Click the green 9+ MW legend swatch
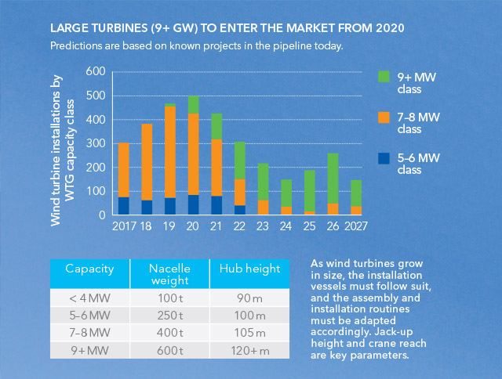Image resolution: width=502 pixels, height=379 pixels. coord(384,77)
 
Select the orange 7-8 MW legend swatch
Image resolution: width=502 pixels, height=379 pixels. coord(384,117)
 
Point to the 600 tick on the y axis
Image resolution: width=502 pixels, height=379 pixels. coord(95,71)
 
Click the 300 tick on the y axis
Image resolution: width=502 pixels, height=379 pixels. coord(95,143)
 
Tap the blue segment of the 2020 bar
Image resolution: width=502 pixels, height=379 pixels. coord(193,204)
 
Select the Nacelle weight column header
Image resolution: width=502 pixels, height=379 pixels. coord(169,275)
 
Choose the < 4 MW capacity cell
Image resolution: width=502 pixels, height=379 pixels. coord(89,298)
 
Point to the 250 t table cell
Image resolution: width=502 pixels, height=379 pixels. coord(169,315)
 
